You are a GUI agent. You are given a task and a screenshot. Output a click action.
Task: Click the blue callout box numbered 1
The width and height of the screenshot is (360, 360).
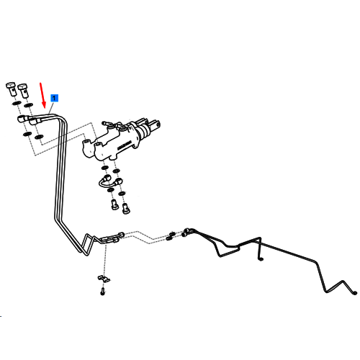tap(54, 98)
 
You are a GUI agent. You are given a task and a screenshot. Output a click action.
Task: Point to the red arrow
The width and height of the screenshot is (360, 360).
tap(42, 95)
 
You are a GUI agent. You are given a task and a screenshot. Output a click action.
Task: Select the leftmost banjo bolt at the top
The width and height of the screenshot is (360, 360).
tap(11, 89)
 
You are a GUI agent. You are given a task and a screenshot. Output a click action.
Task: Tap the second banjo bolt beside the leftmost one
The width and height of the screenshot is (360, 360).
tap(24, 91)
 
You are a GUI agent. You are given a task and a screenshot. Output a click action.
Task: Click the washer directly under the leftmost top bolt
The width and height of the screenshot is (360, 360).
tap(17, 103)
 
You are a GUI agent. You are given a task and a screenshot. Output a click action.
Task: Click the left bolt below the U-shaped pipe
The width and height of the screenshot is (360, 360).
tap(114, 204)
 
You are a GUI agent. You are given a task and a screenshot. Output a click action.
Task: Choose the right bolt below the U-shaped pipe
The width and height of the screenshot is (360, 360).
tap(126, 208)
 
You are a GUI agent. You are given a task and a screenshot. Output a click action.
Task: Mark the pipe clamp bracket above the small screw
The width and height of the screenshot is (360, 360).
tap(104, 279)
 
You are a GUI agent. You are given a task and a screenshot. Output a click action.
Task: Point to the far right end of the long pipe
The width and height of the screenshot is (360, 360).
tap(355, 293)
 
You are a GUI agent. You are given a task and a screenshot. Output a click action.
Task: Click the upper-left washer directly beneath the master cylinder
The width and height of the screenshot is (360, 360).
tap(104, 167)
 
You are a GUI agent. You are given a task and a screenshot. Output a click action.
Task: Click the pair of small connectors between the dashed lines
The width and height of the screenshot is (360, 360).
tap(171, 236)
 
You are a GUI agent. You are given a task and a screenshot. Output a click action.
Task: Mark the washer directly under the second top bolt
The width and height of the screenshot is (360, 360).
tap(28, 105)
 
